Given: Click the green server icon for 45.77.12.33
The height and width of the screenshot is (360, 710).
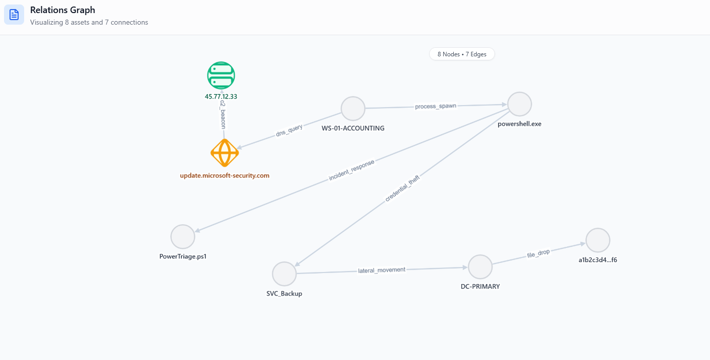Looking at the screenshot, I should pos(221,75).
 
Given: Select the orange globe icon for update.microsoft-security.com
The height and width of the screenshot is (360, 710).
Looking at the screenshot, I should pos(225,153).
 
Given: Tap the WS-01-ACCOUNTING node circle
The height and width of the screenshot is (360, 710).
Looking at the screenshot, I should pos(353,108).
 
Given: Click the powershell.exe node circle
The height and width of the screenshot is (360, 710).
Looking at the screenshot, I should pos(520,104).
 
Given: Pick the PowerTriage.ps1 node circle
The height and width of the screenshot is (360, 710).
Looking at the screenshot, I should pos(182,236).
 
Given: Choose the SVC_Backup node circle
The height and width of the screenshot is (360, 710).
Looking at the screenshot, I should pos(284,274).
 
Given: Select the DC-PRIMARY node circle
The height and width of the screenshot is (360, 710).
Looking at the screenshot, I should pos(480,266).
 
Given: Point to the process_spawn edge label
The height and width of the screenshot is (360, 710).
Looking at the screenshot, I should pos(436,106).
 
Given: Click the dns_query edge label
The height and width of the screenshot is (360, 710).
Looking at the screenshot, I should pos(289,131).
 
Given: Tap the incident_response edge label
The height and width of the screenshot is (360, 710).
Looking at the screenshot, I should pos(352,171).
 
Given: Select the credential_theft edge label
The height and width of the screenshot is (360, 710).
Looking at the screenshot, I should pos(402,189).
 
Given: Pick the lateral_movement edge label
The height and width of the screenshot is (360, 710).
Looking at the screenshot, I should pos(382,270).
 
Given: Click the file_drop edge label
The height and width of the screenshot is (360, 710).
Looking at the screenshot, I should pos(538,253).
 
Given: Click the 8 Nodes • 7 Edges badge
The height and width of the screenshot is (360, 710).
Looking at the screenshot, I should pos(462,54).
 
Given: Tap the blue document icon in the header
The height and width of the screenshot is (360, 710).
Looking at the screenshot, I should pos(14,15).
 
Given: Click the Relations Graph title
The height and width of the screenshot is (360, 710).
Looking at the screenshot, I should pos(62,10).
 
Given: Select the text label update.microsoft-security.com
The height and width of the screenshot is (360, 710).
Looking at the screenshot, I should pos(225,175).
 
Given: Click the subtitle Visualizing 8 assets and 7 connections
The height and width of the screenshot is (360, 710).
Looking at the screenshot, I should pos(89,23).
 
